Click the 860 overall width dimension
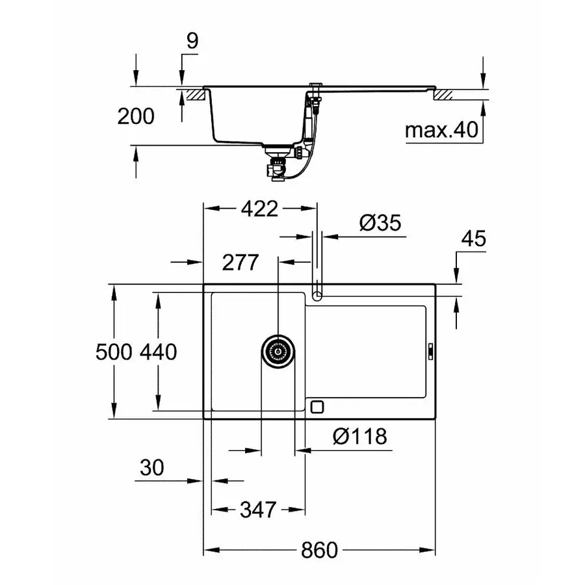coord(319,550)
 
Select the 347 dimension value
coord(258,509)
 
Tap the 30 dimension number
coord(151,467)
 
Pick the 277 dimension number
coord(240,263)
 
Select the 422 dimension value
coord(259,209)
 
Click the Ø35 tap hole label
coord(380,224)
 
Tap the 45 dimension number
coord(473,239)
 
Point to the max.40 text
coord(442,131)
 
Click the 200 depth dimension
coord(136,116)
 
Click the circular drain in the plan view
coord(278,352)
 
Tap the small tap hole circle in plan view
coord(317,296)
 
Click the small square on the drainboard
coord(317,406)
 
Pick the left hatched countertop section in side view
coord(194,95)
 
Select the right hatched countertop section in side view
coord(443,95)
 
